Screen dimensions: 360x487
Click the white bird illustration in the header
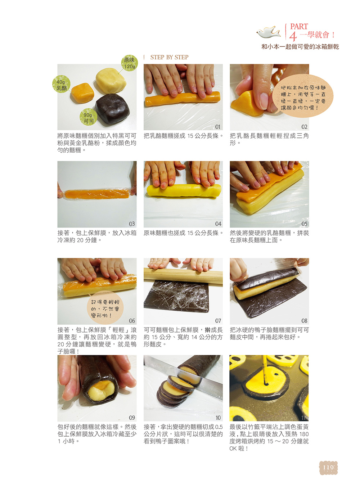[268, 32]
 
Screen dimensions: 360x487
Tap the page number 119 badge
[328, 468]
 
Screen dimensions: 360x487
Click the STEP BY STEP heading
[169, 57]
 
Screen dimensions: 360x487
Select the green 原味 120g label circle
[129, 63]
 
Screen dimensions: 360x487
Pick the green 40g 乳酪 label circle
[61, 84]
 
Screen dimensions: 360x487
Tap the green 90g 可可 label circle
[89, 117]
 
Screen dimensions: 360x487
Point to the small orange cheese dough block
[82, 93]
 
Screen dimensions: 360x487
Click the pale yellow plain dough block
[111, 80]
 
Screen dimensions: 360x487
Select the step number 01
[218, 127]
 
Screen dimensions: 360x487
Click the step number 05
[304, 224]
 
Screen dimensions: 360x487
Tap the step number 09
[132, 418]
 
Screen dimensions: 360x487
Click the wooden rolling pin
[183, 275]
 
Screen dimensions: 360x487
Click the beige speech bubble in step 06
[105, 307]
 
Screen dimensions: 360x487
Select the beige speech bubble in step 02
[303, 96]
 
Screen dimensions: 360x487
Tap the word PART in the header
[299, 26]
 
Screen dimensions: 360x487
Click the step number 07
[218, 321]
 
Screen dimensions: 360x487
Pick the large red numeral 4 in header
[293, 36]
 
